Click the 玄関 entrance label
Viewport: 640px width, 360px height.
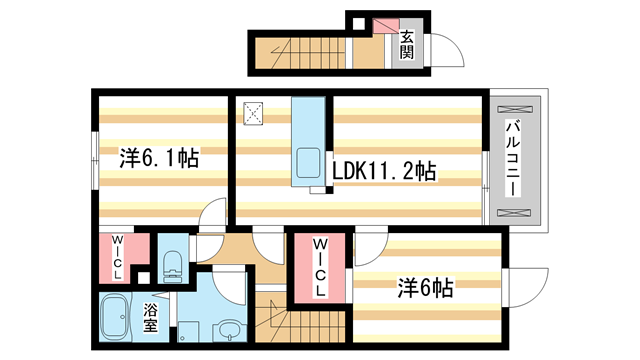[x=407, y=45]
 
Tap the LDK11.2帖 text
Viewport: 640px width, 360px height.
[x=383, y=172]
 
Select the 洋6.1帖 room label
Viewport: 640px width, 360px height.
[x=158, y=158]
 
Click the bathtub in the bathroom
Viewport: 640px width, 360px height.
[x=118, y=317]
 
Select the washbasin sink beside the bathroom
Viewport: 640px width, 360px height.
[x=228, y=329]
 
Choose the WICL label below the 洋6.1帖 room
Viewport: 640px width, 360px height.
[x=117, y=256]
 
